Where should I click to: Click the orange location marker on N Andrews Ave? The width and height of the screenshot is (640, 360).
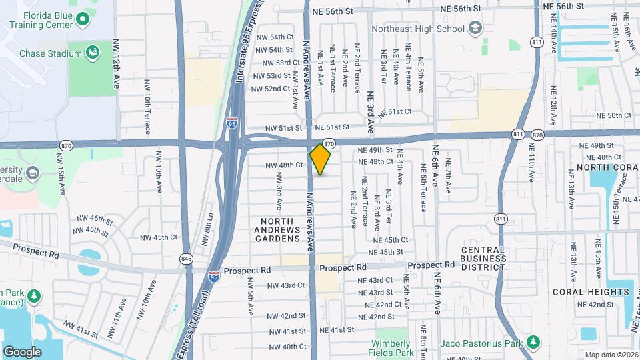321,159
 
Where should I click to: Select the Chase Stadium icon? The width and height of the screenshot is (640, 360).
93,53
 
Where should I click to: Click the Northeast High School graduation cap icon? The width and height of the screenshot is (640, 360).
474,28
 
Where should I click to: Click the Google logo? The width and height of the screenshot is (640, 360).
22,351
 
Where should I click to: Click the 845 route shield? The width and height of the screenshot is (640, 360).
185,258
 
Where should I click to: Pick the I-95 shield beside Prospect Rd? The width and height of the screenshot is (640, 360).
213,276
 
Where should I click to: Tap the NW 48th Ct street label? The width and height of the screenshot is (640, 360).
285,165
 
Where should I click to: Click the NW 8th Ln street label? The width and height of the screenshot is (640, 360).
209,228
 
